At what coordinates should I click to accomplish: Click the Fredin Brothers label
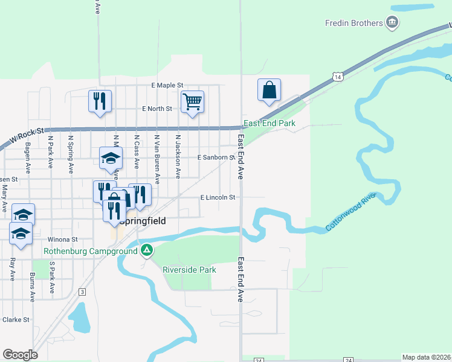(x=354, y=24)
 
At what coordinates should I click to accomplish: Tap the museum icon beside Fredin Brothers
(x=393, y=24)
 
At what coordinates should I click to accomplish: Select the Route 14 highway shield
(x=337, y=77)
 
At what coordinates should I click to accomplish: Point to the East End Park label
(x=269, y=123)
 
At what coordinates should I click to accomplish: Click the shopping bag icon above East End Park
(x=269, y=91)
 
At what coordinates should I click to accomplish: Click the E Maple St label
(x=167, y=86)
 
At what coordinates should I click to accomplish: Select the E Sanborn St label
(x=216, y=157)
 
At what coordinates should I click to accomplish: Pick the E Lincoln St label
(x=218, y=197)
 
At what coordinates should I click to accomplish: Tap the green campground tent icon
(x=146, y=249)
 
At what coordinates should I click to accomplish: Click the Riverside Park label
(x=189, y=270)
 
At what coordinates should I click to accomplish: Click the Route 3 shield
(x=82, y=291)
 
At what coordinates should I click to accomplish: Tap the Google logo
(x=20, y=355)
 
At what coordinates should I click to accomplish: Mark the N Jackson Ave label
(x=178, y=156)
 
